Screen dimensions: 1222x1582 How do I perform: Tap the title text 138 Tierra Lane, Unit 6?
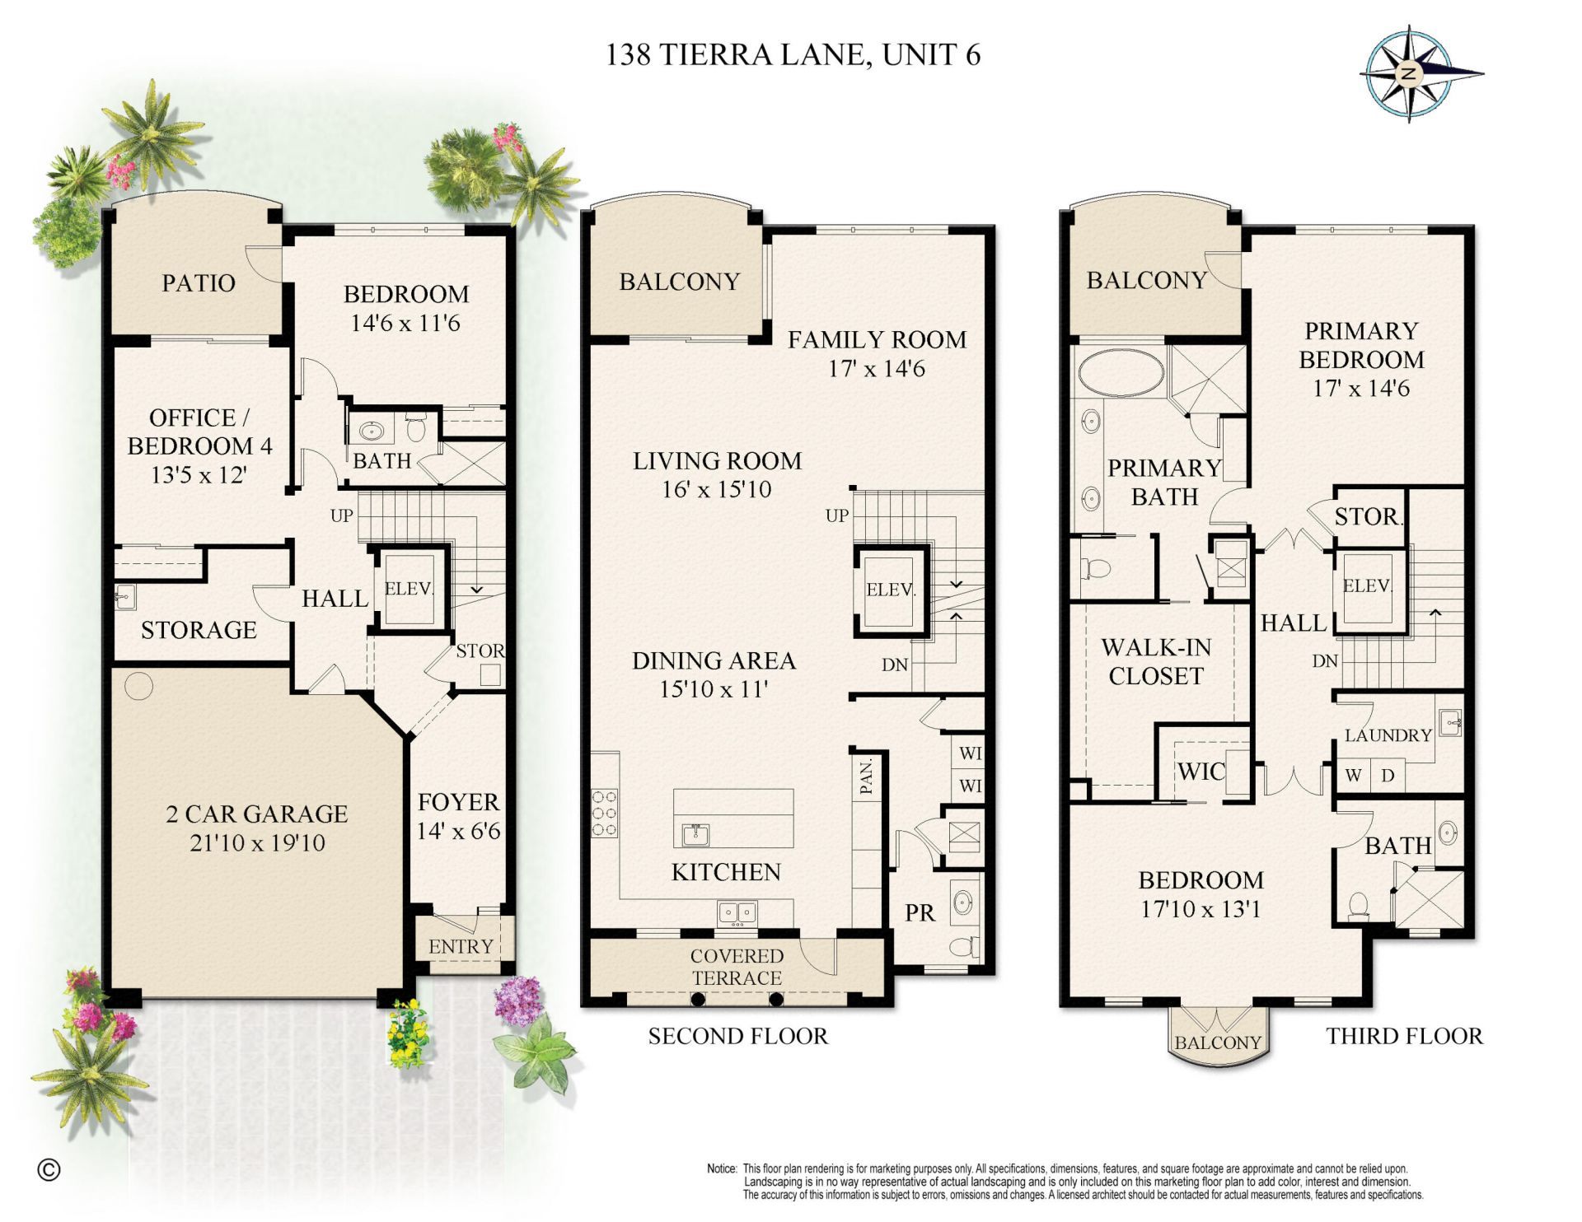[x=793, y=54]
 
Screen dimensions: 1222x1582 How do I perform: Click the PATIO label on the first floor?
[x=198, y=282]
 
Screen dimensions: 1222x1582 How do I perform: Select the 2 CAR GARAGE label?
[x=257, y=814]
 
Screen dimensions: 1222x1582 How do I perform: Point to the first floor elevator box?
[x=409, y=589]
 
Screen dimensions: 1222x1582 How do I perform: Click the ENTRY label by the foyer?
[x=461, y=946]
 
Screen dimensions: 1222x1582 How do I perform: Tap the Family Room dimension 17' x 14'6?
[x=877, y=368]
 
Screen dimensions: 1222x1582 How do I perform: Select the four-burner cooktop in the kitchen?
[x=604, y=813]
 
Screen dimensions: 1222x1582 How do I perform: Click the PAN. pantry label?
[x=866, y=776]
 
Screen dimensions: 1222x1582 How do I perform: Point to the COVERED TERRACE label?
[x=737, y=967]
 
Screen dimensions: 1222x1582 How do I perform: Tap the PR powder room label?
[x=920, y=912]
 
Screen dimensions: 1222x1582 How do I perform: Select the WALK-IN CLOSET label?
[x=1156, y=661]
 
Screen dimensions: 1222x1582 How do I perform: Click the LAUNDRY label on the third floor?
[x=1388, y=735]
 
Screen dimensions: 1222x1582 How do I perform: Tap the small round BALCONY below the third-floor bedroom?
[x=1217, y=1042]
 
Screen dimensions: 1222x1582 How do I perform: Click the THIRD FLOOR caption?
[x=1404, y=1036]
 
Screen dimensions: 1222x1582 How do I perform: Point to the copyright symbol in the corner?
[x=49, y=1169]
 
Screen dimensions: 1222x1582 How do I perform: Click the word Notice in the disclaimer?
[x=721, y=1168]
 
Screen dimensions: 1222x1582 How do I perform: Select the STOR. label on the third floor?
[x=1368, y=516]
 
